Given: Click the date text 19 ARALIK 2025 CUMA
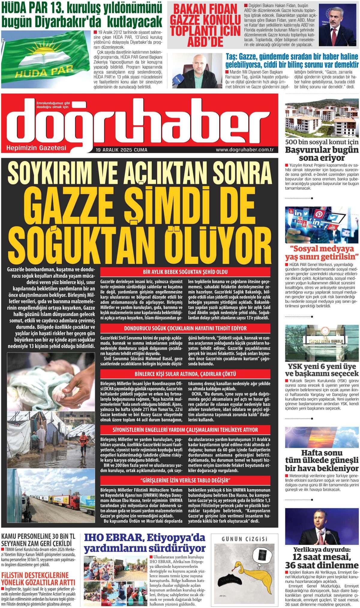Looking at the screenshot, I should click(x=121, y=150).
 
